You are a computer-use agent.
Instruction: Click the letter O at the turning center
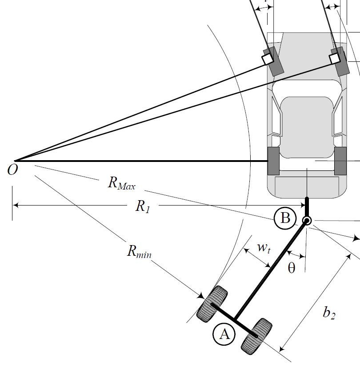click(12, 169)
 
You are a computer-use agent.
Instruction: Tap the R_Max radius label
click(121, 183)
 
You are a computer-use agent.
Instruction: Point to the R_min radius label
click(139, 252)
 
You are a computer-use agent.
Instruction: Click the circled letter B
click(285, 218)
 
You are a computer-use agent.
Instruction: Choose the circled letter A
click(224, 335)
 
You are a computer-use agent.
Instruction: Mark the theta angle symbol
click(292, 268)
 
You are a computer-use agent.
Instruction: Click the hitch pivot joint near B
click(307, 221)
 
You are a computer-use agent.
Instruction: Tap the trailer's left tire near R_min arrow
click(212, 304)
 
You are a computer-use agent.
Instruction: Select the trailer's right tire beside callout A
click(256, 336)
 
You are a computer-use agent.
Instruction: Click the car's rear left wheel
click(273, 161)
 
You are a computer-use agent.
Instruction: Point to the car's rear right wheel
click(340, 161)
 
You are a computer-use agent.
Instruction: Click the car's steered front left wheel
click(273, 61)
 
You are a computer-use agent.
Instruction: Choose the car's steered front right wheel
click(340, 61)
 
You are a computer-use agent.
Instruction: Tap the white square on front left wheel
click(268, 59)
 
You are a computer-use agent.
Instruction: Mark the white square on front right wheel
click(335, 58)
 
